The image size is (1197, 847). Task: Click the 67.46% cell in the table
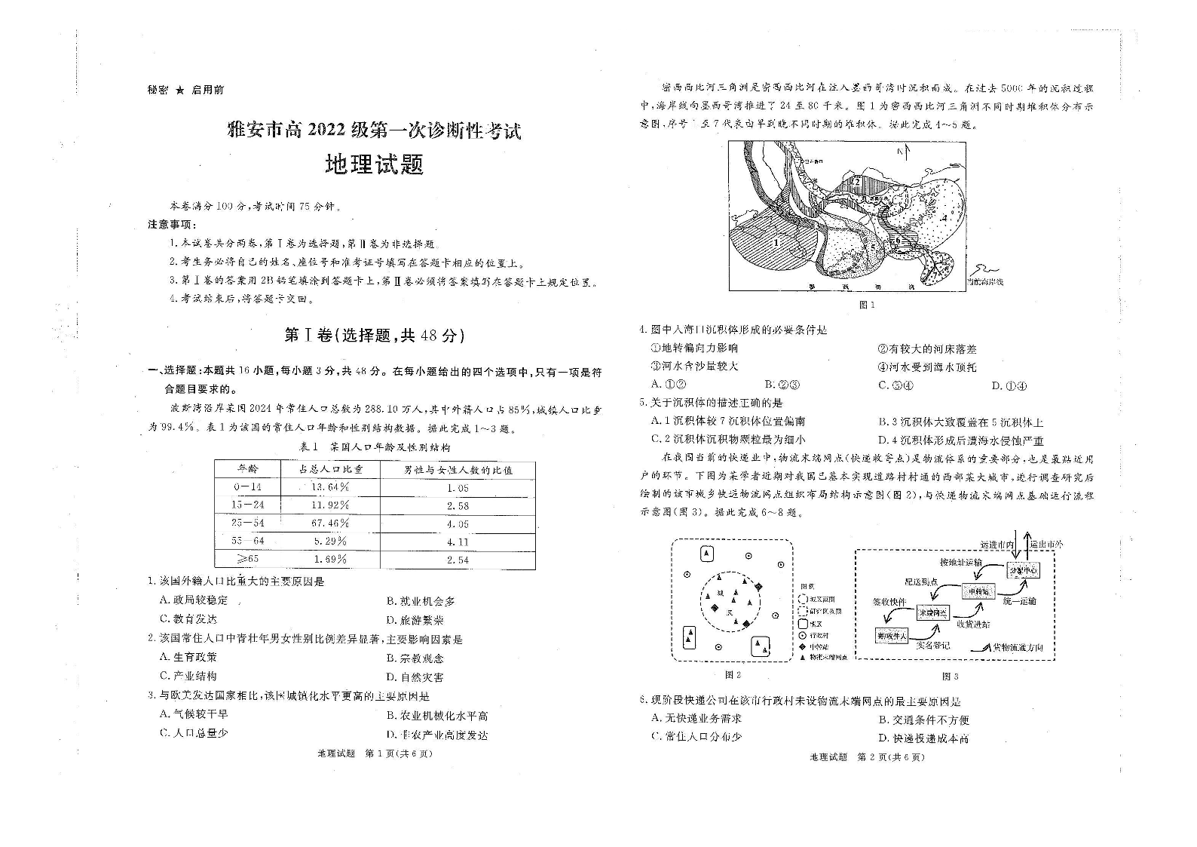(330, 523)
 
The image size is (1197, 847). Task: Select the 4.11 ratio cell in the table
(458, 542)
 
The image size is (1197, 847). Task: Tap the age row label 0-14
(247, 486)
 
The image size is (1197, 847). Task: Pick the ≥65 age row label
(247, 559)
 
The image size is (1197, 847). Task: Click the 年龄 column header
(247, 468)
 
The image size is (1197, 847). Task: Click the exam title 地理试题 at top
(374, 164)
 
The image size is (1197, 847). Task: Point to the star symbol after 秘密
(179, 90)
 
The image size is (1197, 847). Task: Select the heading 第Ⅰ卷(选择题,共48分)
(374, 336)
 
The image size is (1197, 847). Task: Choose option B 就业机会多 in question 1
(421, 601)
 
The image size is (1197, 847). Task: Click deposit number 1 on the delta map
(776, 243)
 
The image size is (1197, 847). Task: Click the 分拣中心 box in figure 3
(1024, 570)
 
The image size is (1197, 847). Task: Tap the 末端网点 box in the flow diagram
(932, 613)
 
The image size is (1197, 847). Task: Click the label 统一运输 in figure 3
(1020, 601)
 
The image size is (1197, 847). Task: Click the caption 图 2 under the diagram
(732, 675)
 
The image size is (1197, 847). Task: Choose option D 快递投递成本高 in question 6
(923, 739)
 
